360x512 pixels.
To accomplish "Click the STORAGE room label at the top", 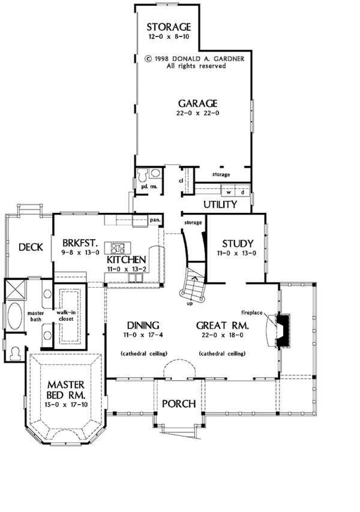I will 169,27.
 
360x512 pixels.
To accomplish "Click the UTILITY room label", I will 221,205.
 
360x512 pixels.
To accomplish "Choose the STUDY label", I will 238,243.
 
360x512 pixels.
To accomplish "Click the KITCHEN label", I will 126,260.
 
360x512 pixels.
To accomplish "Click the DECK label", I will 29,246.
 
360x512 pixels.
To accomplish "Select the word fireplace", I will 253,312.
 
